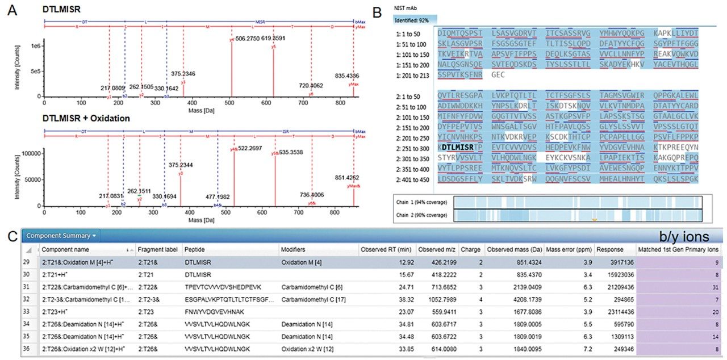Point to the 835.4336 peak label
pos(348,76)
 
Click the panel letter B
pos(374,11)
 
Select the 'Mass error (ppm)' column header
pos(568,249)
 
